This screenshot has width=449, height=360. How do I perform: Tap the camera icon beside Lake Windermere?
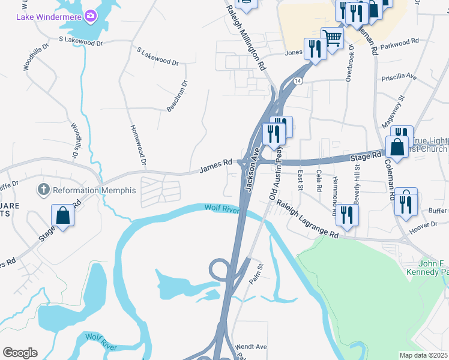[91, 15]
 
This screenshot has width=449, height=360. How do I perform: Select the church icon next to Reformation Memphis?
[43, 190]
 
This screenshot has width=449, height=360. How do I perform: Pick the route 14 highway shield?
[297, 80]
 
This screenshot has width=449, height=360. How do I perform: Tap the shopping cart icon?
[332, 38]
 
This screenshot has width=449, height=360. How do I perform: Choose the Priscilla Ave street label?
[399, 77]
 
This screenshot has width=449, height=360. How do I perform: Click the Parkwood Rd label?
[399, 43]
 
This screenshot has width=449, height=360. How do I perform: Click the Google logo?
[20, 353]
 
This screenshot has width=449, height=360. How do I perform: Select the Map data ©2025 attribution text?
[423, 355]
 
